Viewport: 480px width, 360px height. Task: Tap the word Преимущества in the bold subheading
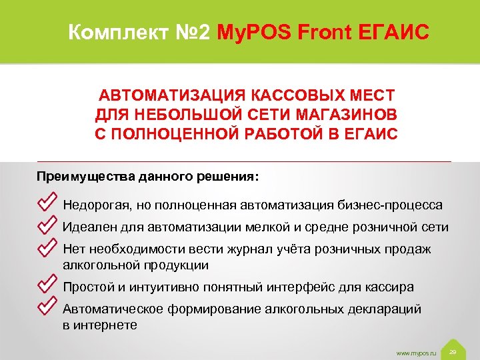point(85,178)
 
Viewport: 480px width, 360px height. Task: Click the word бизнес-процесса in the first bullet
point(396,205)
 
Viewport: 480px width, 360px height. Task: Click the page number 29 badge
point(453,351)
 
